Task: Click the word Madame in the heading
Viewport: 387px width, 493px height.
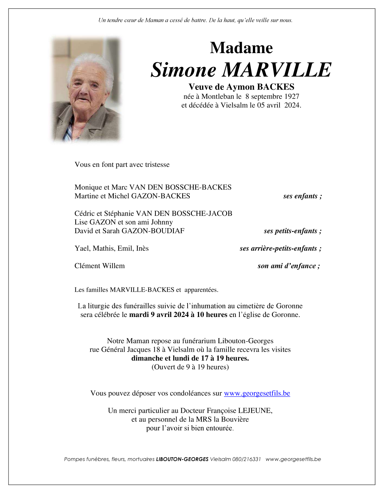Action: click(241, 48)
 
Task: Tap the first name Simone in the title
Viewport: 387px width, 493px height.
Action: click(183, 70)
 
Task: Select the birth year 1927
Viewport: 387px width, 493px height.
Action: click(292, 96)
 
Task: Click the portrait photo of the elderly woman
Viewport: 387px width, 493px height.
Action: click(86, 90)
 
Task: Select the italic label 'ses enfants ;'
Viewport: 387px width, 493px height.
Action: click(302, 196)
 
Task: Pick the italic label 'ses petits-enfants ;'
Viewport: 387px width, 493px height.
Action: click(293, 231)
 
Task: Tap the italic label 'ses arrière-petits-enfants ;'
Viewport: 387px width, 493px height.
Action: click(280, 248)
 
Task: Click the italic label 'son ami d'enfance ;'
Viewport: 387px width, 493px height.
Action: click(289, 266)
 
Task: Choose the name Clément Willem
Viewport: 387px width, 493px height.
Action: click(99, 266)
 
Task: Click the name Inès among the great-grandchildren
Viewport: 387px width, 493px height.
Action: click(142, 248)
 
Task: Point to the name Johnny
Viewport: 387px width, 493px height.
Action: click(162, 222)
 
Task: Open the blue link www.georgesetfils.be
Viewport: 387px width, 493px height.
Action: click(257, 393)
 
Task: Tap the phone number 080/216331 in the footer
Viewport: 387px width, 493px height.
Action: click(246, 459)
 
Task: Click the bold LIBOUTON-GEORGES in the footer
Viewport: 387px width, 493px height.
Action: click(182, 459)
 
